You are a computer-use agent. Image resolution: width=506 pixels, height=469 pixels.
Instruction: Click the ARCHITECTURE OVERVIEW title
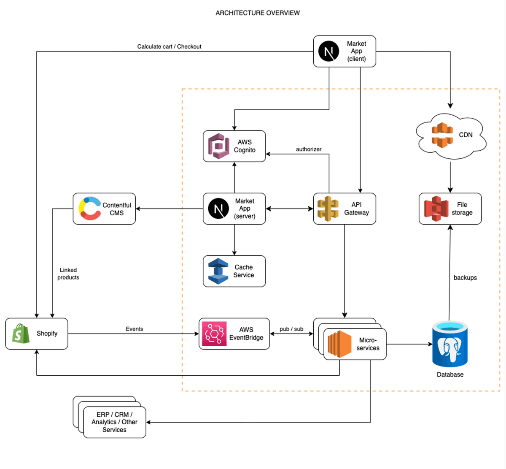pyautogui.click(x=258, y=13)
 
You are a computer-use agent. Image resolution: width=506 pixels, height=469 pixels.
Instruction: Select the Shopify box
pyautogui.click(x=37, y=333)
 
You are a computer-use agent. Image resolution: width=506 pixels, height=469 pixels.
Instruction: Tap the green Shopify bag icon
pyautogui.click(x=21, y=333)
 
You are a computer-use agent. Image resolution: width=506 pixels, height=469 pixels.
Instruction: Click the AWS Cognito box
pyautogui.click(x=234, y=146)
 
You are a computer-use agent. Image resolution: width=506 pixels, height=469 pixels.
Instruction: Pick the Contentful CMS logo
pyautogui.click(x=89, y=209)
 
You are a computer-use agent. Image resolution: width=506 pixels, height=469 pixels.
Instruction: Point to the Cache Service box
pyautogui.click(x=234, y=271)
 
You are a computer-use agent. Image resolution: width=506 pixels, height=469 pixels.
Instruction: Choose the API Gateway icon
pyautogui.click(x=328, y=209)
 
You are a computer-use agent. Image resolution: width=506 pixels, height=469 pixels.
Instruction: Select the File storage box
pyautogui.click(x=450, y=209)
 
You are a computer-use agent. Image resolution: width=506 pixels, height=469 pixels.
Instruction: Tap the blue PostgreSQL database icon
pyautogui.click(x=450, y=344)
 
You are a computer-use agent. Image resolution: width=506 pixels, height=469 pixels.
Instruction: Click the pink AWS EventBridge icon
pyautogui.click(x=214, y=334)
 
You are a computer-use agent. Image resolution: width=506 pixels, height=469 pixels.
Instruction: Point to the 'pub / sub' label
pyautogui.click(x=291, y=329)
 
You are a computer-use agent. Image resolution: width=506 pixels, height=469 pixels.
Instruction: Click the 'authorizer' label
pyautogui.click(x=308, y=149)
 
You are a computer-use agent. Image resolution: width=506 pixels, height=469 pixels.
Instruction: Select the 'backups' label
pyautogui.click(x=465, y=278)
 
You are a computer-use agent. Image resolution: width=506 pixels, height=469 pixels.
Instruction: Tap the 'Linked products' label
pyautogui.click(x=68, y=274)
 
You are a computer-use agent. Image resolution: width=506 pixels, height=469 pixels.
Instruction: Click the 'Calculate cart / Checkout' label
pyautogui.click(x=169, y=46)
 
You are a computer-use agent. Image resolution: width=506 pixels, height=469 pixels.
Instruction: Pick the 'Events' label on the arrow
pyautogui.click(x=134, y=329)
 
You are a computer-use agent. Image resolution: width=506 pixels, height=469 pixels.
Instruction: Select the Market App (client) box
pyautogui.click(x=345, y=52)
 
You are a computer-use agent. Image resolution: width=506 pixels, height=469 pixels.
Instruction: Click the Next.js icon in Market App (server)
pyautogui.click(x=218, y=209)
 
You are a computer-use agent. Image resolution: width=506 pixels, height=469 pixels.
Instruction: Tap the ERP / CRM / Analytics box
pyautogui.click(x=115, y=422)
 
